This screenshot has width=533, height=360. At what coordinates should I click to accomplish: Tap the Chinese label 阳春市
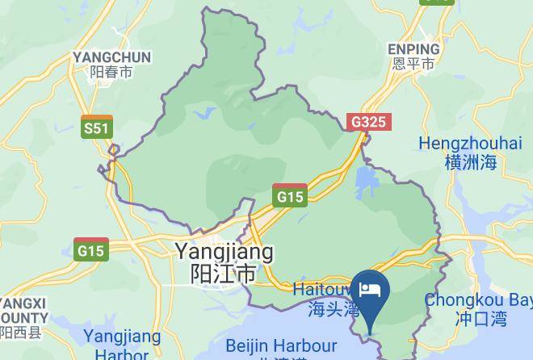pos(111,73)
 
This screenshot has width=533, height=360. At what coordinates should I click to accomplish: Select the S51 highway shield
pos(96,128)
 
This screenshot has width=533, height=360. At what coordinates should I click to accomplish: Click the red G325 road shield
pos(369,122)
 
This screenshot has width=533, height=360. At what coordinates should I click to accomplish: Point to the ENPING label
pos(413,49)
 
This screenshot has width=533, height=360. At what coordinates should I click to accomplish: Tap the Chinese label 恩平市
pos(413,64)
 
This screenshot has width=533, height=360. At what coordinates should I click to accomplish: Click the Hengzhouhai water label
pos(470,143)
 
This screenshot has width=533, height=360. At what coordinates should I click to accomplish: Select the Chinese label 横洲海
pos(470,162)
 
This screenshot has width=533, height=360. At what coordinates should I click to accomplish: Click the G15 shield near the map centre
pos(290,196)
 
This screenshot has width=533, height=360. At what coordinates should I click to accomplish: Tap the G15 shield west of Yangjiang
pos(90,250)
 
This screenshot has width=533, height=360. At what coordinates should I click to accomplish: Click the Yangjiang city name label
pos(224,252)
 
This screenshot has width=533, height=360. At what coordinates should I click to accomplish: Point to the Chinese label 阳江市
pos(224,273)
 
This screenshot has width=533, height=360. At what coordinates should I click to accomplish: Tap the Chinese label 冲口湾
pos(480,318)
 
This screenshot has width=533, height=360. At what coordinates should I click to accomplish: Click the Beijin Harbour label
pos(281,345)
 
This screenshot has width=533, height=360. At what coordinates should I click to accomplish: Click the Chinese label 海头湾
pos(333,308)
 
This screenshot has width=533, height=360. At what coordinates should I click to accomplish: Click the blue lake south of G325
pos(367,182)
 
